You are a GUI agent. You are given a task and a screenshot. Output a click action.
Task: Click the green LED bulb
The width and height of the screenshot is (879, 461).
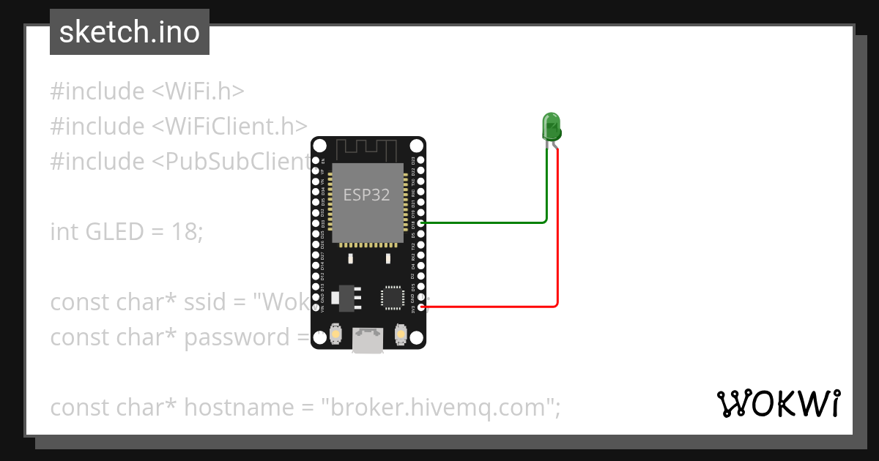(551, 127)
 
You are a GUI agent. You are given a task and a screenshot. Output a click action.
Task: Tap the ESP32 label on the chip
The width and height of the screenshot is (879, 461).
(367, 195)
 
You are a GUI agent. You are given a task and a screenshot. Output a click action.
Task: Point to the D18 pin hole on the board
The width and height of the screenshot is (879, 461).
(420, 222)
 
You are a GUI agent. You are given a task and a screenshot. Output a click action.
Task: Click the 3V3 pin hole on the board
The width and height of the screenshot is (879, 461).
(420, 307)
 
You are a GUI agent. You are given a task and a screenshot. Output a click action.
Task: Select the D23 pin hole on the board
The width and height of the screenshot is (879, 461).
(420, 160)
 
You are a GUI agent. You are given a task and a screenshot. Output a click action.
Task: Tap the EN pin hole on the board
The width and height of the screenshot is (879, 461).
(316, 160)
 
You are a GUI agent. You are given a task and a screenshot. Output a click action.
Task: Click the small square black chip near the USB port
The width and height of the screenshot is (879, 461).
(391, 297)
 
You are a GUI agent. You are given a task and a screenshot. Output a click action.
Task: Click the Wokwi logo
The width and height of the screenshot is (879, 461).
(778, 404)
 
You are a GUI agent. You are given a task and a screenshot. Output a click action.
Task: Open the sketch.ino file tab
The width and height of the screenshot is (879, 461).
(130, 32)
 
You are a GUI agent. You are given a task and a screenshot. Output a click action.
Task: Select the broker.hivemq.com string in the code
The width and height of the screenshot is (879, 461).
(437, 408)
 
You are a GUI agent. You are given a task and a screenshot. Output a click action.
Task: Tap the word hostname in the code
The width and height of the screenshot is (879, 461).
(226, 408)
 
